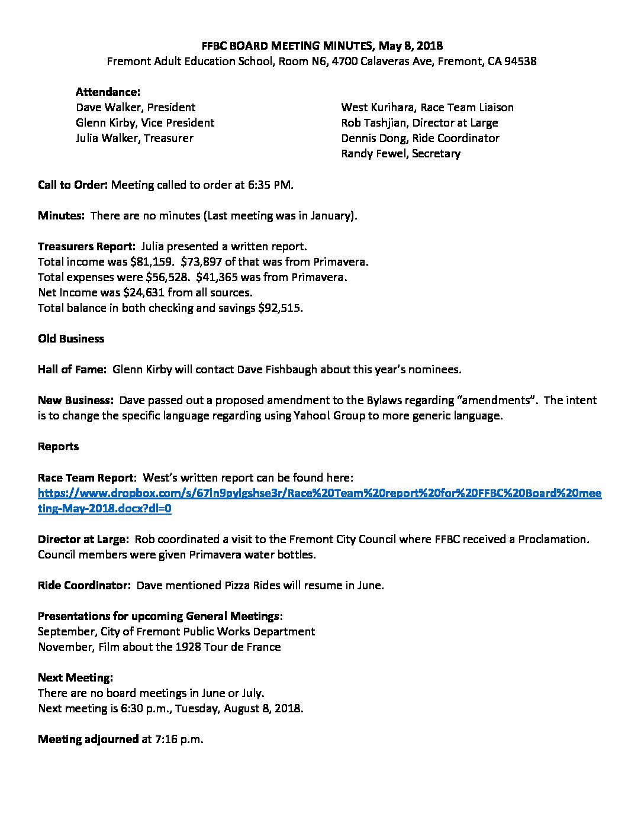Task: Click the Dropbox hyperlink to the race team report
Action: point(320,493)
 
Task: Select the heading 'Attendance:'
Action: point(108,92)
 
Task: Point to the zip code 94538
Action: point(520,62)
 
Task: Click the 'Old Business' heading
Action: point(71,339)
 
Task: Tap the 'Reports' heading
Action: point(58,447)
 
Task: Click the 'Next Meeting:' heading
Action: point(75,677)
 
